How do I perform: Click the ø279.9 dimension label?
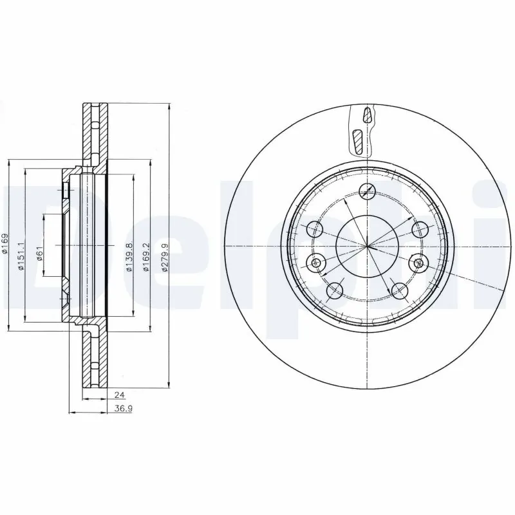pos(165,257)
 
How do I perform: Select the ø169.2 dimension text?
pos(147,257)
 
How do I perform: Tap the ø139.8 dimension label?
pos(129,257)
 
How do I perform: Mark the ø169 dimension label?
pos(5,245)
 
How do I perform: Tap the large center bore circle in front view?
pos(367,247)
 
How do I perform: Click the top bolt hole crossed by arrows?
pos(367,190)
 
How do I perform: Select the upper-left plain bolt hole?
pos(315,229)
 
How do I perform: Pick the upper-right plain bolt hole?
pos(420,229)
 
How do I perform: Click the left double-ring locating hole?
pos(316,262)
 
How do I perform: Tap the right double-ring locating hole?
pos(418,263)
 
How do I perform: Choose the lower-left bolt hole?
pos(334,291)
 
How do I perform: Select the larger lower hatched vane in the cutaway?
pos(358,141)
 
